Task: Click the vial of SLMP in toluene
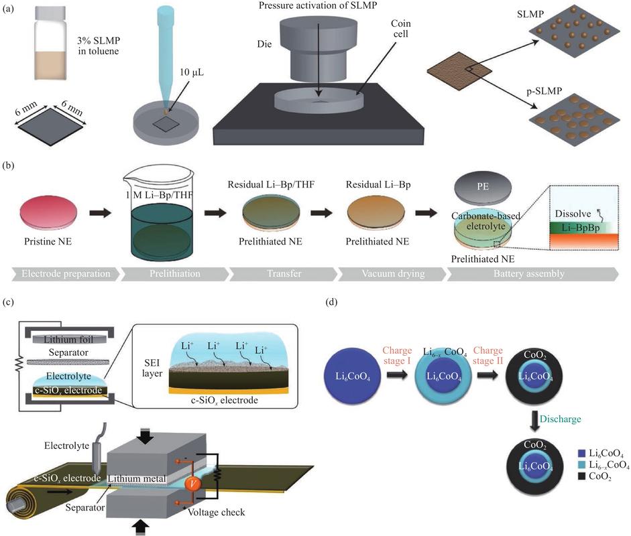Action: pyautogui.click(x=51, y=44)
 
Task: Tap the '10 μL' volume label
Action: pyautogui.click(x=192, y=72)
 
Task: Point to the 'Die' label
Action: pyautogui.click(x=264, y=44)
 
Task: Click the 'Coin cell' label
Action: pyautogui.click(x=400, y=29)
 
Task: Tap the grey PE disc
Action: pyautogui.click(x=483, y=186)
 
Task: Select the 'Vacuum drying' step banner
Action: pyautogui.click(x=392, y=274)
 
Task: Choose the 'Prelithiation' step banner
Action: pyautogui.click(x=175, y=274)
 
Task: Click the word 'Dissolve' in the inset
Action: pyautogui.click(x=573, y=214)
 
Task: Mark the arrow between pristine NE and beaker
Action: pyautogui.click(x=100, y=212)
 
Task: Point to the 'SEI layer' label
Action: pyautogui.click(x=152, y=368)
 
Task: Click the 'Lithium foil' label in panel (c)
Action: pyautogui.click(x=68, y=340)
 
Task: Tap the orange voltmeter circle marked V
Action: pyautogui.click(x=192, y=483)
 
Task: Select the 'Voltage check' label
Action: pyautogui.click(x=217, y=513)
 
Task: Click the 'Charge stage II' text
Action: pyautogui.click(x=488, y=356)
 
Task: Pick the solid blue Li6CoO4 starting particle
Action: pyautogui.click(x=353, y=376)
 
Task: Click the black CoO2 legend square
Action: pyautogui.click(x=581, y=476)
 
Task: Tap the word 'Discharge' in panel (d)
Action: pyautogui.click(x=560, y=419)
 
